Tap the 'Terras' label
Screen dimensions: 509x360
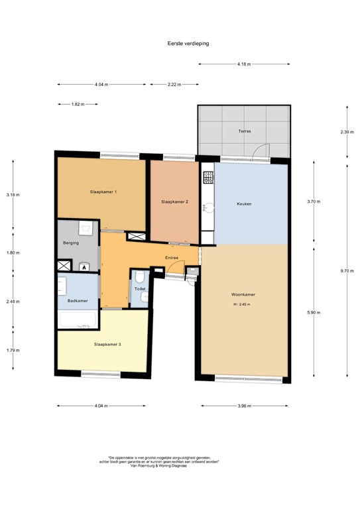click(245, 131)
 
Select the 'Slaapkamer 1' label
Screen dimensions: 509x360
click(103, 192)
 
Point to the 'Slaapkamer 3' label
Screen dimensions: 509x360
click(107, 344)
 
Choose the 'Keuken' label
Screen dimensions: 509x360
click(245, 204)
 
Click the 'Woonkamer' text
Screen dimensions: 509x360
click(244, 294)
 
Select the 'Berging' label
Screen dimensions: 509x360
click(71, 243)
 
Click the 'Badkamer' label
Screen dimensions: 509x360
click(78, 301)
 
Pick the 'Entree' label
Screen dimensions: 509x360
click(172, 258)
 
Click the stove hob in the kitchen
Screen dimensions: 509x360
click(208, 177)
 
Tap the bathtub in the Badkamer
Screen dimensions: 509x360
click(78, 321)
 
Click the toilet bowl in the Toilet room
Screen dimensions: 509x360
click(140, 277)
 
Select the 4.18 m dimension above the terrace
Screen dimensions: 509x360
click(244, 64)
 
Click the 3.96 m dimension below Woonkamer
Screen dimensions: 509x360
click(244, 405)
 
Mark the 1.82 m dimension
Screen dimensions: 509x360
click(78, 105)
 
